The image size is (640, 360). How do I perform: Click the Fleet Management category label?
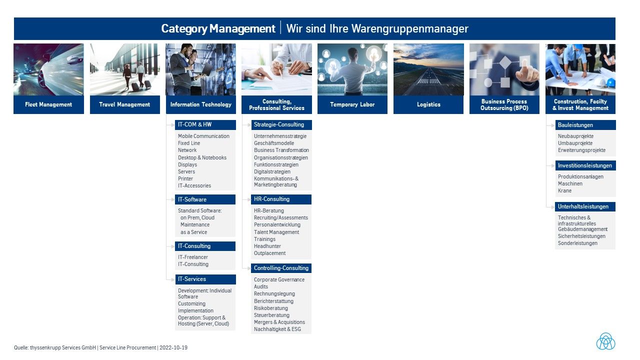pos(48,104)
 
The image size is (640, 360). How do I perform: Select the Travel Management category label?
pos(124,104)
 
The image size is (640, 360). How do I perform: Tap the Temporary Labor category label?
pos(352,104)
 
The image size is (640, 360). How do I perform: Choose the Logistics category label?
pos(428,104)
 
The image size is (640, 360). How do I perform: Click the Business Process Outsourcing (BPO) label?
pos(504,104)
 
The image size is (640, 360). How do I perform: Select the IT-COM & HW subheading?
pos(195,124)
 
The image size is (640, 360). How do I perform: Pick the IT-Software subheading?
pos(192,199)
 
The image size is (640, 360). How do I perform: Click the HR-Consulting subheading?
pos(271,199)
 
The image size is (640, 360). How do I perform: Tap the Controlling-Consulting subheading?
pos(281,268)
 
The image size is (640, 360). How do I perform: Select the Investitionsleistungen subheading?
pos(585,165)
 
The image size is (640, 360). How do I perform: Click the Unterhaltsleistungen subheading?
pos(583,206)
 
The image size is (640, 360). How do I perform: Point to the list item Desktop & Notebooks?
pos(202,157)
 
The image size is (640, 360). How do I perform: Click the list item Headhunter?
pos(267,246)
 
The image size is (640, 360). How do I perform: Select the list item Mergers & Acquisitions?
pos(279,322)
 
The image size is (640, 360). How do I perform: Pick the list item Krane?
pos(564,190)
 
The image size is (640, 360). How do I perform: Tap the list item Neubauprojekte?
pos(575,136)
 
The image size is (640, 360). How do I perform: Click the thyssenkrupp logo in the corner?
pos(605,341)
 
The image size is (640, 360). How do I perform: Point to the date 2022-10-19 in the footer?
pos(173,347)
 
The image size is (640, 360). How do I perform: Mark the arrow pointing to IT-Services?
pos(170,279)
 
